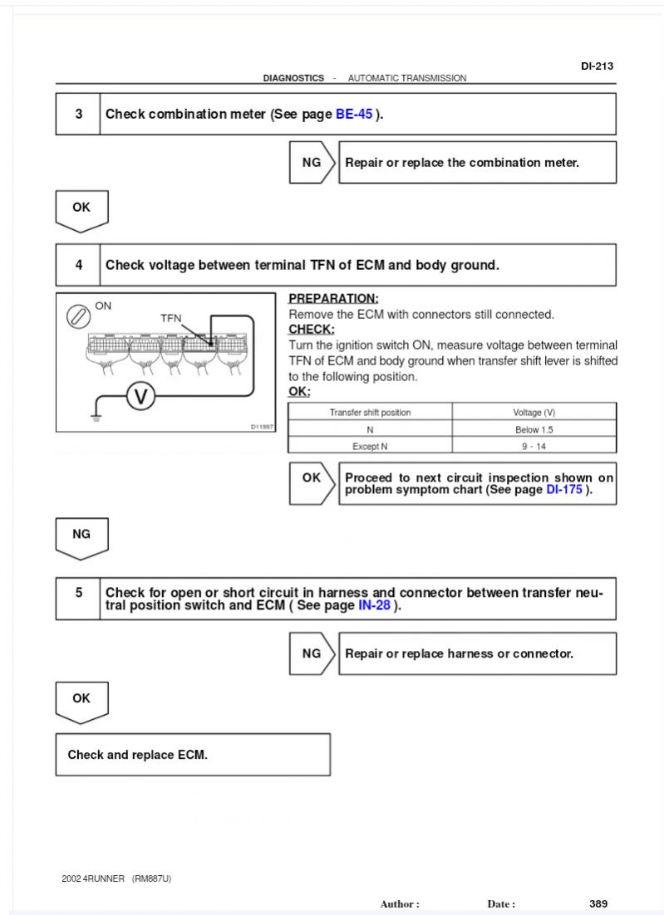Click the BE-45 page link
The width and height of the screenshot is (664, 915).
click(354, 114)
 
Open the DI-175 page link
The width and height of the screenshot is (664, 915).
click(564, 490)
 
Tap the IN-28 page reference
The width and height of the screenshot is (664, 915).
click(374, 605)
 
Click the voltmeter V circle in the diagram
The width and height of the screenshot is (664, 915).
click(140, 397)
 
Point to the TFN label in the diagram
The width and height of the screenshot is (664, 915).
click(171, 318)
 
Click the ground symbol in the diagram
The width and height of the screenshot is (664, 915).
click(96, 417)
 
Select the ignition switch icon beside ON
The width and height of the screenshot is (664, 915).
click(78, 317)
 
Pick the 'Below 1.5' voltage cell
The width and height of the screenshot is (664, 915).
click(534, 429)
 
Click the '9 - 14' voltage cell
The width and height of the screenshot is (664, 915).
click(534, 446)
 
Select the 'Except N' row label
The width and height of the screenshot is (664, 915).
click(370, 447)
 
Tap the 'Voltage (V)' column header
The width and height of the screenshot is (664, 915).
click(534, 412)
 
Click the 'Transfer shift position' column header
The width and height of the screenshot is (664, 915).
click(371, 412)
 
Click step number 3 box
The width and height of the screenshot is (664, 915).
click(78, 114)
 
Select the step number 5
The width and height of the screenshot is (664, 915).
click(79, 592)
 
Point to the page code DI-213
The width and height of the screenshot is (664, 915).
click(597, 66)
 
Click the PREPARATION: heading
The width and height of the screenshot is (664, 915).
click(333, 298)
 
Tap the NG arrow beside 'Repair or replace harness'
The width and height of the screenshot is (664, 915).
click(312, 653)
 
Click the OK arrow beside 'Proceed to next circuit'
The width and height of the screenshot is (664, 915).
click(312, 483)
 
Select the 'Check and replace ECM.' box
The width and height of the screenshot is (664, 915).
click(194, 755)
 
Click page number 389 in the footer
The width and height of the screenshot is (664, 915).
click(598, 903)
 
